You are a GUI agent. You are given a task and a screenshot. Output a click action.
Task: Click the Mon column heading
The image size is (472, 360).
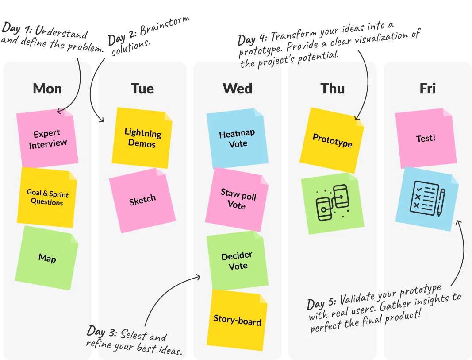tap(47, 89)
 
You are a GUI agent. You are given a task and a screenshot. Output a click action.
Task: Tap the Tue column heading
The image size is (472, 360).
tap(142, 89)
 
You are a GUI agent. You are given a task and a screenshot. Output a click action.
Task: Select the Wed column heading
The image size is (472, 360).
tap(238, 89)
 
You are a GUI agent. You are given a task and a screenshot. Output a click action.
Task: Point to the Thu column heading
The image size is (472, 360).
tap(333, 89)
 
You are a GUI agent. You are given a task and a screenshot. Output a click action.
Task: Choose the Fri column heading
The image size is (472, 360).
tap(427, 89)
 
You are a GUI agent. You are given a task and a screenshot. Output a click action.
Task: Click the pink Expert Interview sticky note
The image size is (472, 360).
tap(47, 138)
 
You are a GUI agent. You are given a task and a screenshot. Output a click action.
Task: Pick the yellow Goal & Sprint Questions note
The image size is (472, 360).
tap(47, 197)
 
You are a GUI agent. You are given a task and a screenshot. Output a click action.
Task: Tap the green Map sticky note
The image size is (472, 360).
tap(47, 258)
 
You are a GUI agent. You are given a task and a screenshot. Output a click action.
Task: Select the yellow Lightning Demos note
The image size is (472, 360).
tap(142, 138)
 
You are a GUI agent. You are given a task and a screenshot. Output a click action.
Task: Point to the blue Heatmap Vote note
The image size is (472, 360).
tap(238, 138)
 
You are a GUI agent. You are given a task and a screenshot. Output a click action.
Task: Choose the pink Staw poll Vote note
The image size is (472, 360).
tap(238, 199)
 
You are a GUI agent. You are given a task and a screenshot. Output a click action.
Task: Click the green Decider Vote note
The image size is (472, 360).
tap(238, 260)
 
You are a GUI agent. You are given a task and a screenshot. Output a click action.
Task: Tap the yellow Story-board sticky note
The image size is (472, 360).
tap(237, 320)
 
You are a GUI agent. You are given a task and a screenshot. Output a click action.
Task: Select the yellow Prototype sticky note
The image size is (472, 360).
tap(332, 140)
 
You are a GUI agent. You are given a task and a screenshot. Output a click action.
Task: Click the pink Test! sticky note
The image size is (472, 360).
tap(426, 138)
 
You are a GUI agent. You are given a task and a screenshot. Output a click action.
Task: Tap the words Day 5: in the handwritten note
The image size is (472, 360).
tap(322, 303)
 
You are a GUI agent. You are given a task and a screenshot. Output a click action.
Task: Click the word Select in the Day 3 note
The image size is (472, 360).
tap(131, 334)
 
